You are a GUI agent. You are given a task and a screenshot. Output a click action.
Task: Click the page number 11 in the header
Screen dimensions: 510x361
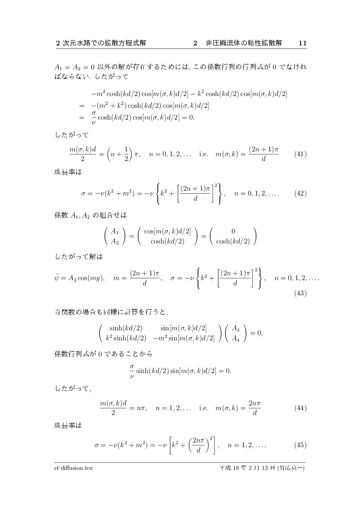pos(302,43)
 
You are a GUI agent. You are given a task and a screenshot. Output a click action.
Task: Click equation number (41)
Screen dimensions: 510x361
pos(300,154)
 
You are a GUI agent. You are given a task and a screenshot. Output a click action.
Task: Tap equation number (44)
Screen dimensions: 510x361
pos(300,408)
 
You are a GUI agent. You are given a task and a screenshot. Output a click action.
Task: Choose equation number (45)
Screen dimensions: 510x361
pos(300,446)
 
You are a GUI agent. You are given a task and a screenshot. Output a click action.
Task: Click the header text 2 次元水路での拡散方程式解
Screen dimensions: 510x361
pos(101,43)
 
